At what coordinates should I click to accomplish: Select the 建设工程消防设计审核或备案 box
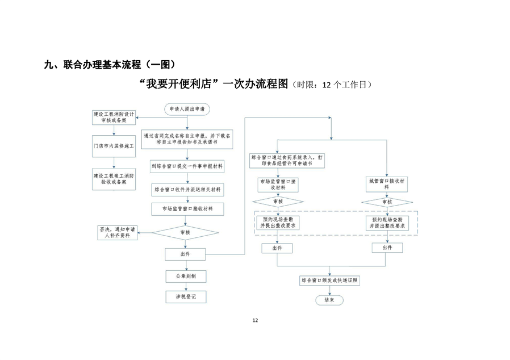[114, 118]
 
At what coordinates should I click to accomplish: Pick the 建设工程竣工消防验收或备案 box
[114, 179]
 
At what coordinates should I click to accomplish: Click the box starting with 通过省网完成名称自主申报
[187, 139]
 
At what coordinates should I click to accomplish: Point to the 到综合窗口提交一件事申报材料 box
[187, 166]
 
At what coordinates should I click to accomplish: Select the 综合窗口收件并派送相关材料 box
[187, 188]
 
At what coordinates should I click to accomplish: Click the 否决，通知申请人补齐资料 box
[118, 232]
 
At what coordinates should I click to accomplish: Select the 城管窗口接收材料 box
[387, 184]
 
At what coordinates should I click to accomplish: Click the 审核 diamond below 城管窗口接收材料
[387, 202]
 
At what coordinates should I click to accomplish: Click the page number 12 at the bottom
[255, 321]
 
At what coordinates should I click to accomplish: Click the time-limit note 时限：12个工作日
[332, 85]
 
